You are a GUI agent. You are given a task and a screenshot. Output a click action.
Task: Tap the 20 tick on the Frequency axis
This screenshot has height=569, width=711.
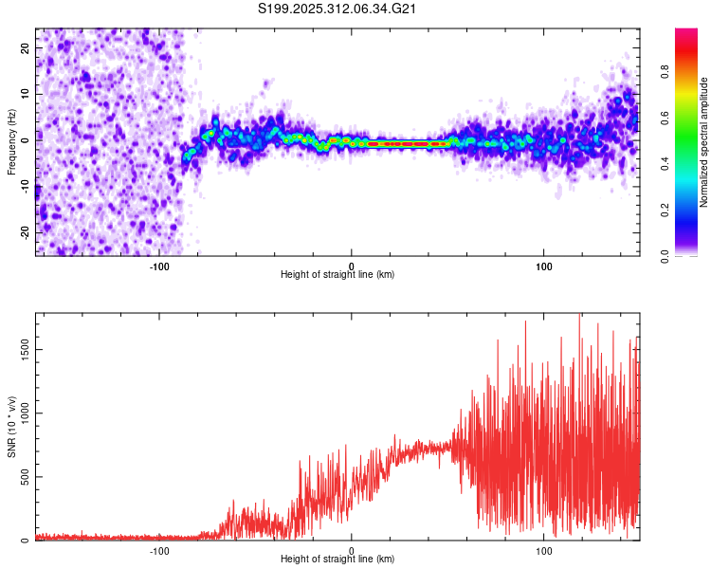click(25, 47)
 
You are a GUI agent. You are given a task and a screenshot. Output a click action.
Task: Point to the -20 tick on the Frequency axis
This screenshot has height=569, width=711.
click(25, 232)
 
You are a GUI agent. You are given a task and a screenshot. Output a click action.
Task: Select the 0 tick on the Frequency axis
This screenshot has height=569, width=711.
click(25, 139)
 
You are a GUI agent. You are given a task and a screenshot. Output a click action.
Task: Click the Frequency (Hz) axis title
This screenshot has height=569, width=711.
click(10, 141)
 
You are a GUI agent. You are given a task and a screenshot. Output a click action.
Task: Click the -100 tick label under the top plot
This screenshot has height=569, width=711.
click(159, 266)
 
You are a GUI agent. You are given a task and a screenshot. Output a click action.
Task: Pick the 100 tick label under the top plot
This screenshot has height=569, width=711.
click(544, 266)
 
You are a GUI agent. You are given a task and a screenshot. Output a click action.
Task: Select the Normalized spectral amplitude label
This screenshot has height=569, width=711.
click(704, 142)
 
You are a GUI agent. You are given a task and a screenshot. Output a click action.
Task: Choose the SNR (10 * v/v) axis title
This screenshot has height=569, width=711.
click(10, 431)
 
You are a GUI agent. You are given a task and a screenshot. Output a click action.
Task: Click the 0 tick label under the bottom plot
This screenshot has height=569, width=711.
click(352, 551)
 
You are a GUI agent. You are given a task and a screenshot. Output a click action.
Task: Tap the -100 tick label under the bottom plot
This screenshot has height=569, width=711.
click(159, 551)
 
